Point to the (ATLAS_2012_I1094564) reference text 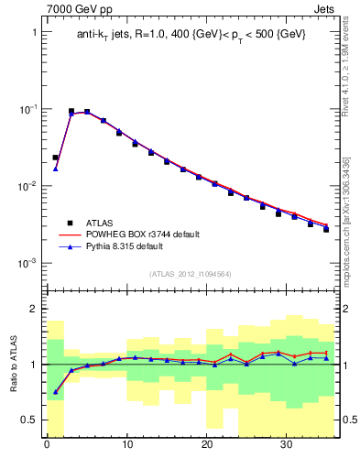(x=191, y=273)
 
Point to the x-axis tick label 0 (x=47, y=447)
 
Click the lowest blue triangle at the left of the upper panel (x=55, y=169)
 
